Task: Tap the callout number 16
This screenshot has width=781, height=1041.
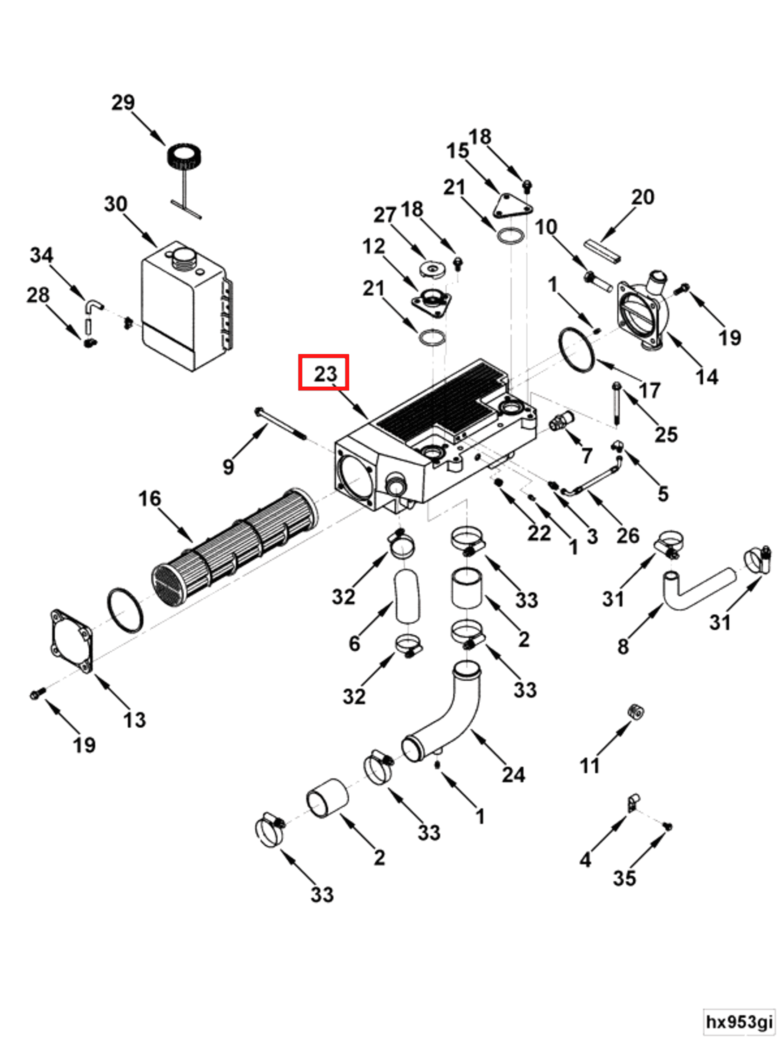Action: pos(149,499)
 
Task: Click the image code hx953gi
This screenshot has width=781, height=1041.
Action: pos(739,1021)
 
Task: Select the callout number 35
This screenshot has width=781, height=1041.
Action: pos(624,878)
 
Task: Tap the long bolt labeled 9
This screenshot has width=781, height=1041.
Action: pos(280,423)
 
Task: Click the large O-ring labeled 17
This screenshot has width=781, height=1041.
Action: pos(577,351)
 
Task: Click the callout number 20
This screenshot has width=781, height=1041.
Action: pos(642,197)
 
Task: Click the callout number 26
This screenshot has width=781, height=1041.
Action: pos(628,535)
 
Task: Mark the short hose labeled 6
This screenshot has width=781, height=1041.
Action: pos(407,596)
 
